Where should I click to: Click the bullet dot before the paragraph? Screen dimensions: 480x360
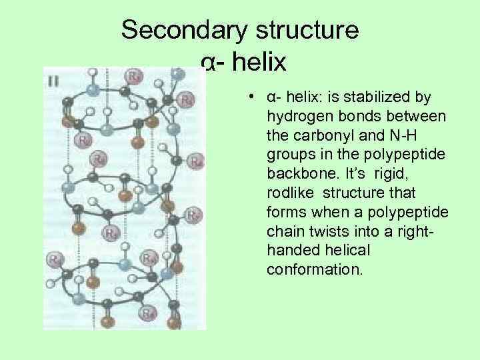247,97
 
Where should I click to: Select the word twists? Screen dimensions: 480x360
333,232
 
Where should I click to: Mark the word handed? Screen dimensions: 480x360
291,251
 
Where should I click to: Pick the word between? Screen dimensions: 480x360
410,117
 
